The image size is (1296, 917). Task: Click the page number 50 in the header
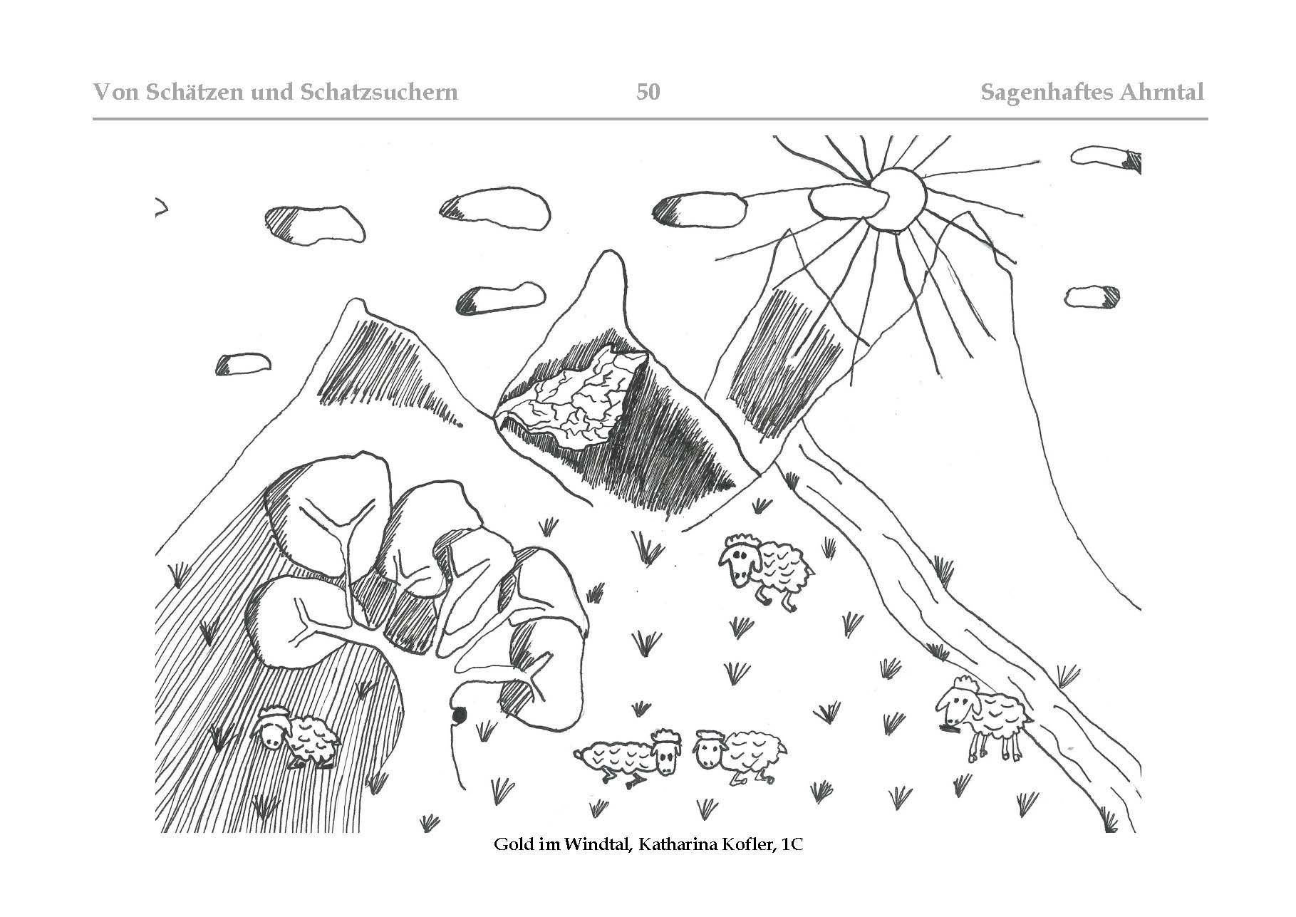(x=648, y=92)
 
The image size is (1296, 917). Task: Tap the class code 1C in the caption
(x=792, y=845)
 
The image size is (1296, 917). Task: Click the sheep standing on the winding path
(x=983, y=716)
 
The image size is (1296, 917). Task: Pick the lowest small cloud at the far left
(x=243, y=364)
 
